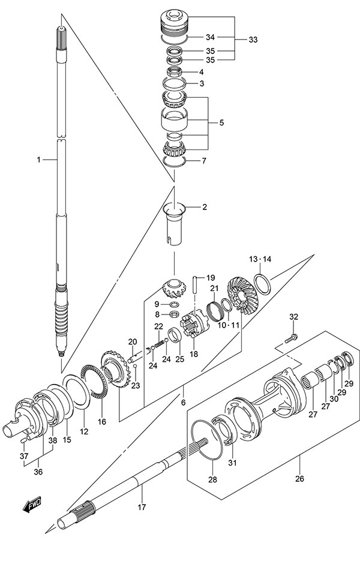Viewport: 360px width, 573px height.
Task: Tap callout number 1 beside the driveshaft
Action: click(x=38, y=160)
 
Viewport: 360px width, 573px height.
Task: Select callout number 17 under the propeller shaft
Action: click(x=142, y=508)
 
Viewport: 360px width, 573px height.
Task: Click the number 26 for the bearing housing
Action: click(x=300, y=479)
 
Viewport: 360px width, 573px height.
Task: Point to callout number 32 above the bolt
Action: click(x=293, y=317)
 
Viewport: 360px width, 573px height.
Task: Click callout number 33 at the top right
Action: click(x=253, y=40)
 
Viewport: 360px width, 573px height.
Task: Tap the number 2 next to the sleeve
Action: click(x=204, y=208)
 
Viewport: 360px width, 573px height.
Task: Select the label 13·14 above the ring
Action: click(x=260, y=259)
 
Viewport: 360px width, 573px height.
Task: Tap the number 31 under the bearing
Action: click(x=233, y=462)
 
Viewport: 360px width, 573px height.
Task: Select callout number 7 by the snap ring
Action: click(x=203, y=161)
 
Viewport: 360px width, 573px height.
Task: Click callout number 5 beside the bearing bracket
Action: click(x=221, y=123)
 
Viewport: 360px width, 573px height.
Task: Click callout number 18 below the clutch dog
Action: click(x=193, y=354)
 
